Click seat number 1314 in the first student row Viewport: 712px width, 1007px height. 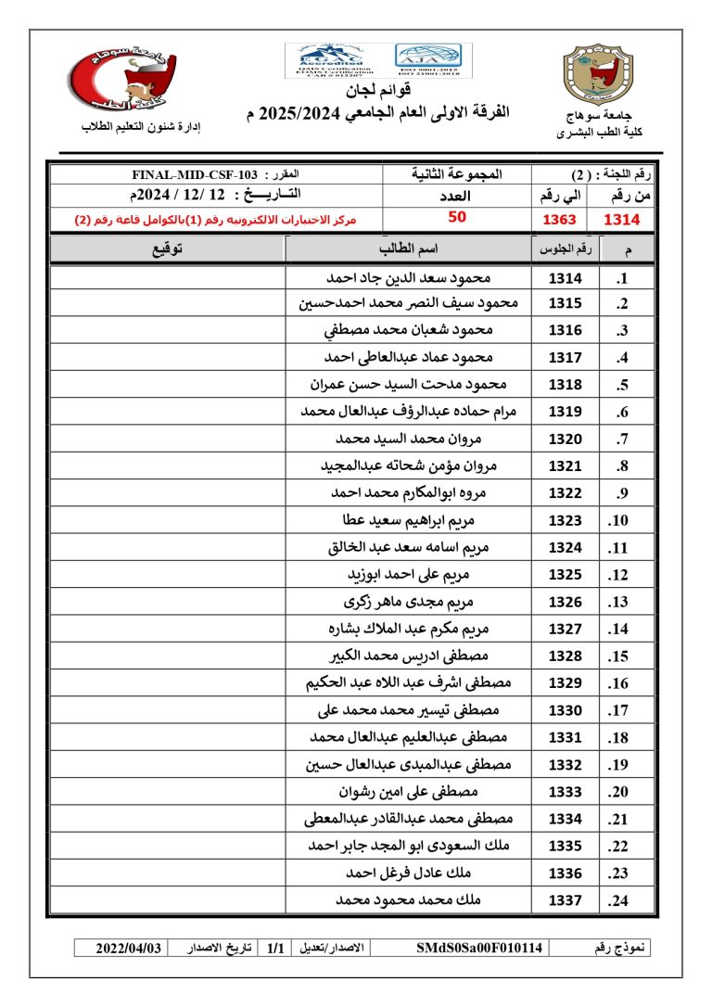click(565, 277)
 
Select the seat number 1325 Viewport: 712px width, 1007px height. click(565, 575)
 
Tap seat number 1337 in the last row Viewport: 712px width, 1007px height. click(565, 900)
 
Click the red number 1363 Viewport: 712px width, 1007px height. click(559, 220)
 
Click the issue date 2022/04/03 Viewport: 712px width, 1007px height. click(130, 949)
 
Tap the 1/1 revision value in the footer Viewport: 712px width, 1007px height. click(274, 949)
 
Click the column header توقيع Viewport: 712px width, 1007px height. click(167, 249)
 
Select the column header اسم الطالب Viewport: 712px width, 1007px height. click(409, 249)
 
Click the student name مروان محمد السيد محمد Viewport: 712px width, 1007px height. click(409, 440)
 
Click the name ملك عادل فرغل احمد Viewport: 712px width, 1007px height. click(409, 873)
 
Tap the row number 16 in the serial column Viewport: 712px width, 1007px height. click(618, 683)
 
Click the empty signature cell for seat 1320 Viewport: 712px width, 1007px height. click(167, 440)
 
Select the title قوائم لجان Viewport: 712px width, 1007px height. click(357, 92)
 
